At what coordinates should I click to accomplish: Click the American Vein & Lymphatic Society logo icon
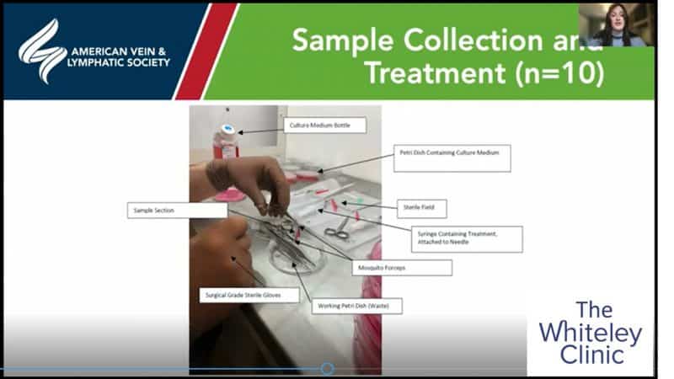coord(42,51)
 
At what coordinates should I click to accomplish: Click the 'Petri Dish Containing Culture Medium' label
coord(452,157)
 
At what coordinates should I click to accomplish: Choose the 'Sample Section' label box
coord(176,210)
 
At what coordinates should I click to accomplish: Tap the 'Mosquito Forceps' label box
coord(401,267)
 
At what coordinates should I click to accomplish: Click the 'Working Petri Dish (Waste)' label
coord(357,305)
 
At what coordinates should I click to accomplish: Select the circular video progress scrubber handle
coord(327,369)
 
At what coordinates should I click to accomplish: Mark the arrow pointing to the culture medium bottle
coord(262,128)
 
